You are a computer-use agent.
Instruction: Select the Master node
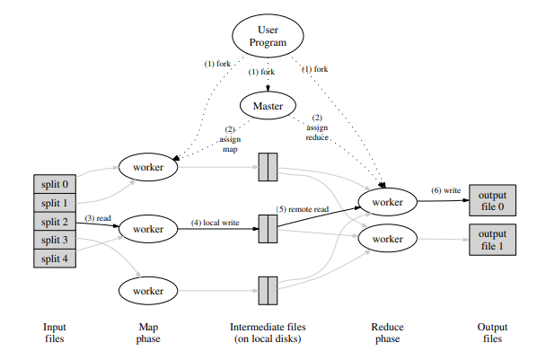point(268,106)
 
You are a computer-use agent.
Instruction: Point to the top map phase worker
point(148,168)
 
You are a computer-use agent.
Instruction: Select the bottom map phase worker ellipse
point(148,290)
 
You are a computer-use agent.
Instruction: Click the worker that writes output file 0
point(388,202)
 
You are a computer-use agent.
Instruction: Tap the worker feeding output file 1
point(388,240)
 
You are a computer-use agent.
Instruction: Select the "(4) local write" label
point(213,222)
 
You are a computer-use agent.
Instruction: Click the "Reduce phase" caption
point(388,333)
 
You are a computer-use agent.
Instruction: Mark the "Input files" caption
point(56,333)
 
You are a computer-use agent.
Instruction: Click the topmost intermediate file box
point(268,168)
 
